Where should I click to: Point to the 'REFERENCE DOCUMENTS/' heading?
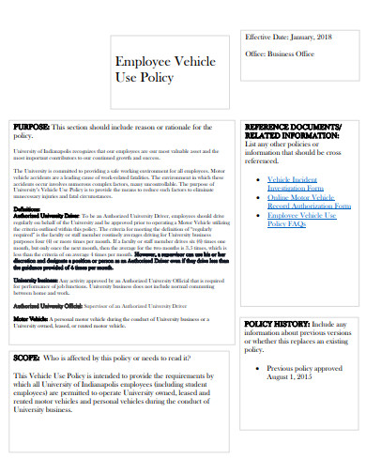tap(293, 126)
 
